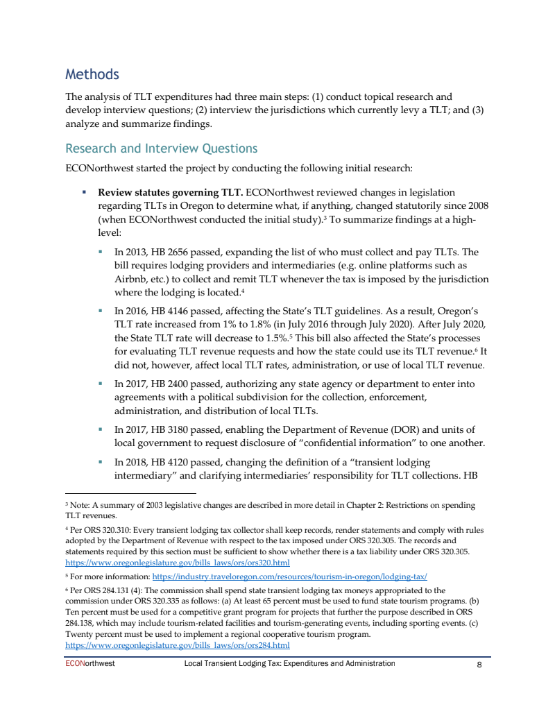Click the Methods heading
tap(92, 74)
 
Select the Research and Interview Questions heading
tap(161, 148)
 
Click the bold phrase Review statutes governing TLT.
tap(170, 192)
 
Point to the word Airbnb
tap(130, 279)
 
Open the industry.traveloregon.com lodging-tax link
tap(289, 576)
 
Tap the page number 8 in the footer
tap(479, 664)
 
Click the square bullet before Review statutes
tap(84, 192)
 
